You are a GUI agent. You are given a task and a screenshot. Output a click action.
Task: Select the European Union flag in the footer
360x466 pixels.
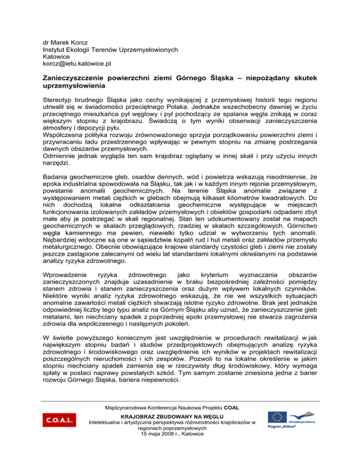pyautogui.click(x=277, y=416)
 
